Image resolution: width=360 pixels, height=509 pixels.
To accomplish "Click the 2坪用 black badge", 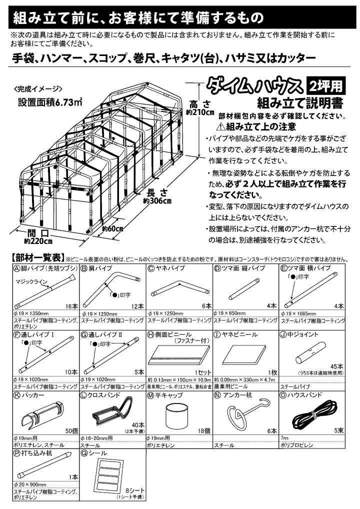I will pyautogui.click(x=325, y=85).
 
